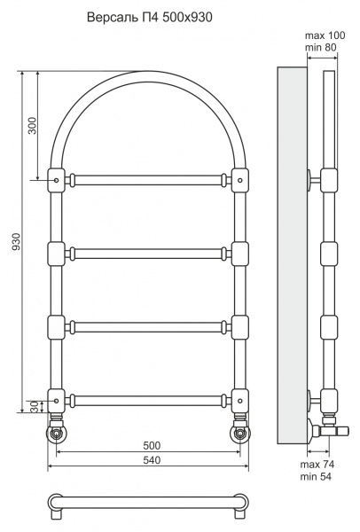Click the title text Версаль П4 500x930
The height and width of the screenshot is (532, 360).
[x=150, y=17]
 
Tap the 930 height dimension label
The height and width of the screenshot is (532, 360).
[x=16, y=241]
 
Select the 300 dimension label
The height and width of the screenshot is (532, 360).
[x=32, y=126]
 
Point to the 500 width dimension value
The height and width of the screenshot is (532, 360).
[x=152, y=445]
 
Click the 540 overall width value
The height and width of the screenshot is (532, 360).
[x=152, y=460]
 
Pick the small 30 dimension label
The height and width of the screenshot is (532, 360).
[x=34, y=407]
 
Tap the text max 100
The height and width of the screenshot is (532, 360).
[x=325, y=35]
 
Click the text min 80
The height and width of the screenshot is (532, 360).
[x=320, y=47]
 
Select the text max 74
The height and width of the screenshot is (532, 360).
[x=317, y=464]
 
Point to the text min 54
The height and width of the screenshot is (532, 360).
[x=316, y=476]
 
